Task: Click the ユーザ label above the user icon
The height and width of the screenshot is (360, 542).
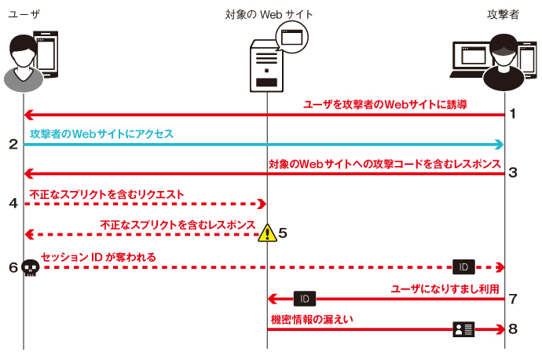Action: coord(24,14)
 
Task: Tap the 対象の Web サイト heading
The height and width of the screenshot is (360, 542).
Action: coord(269,14)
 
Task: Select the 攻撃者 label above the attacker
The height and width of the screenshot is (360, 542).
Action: coord(503,14)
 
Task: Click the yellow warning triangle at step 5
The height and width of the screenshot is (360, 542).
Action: coord(267,233)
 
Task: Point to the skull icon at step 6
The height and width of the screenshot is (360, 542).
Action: coord(31,268)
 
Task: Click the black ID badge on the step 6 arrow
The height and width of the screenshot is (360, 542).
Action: coord(463,267)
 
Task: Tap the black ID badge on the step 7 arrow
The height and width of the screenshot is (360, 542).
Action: coord(305,299)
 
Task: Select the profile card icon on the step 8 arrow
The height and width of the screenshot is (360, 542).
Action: coord(463,329)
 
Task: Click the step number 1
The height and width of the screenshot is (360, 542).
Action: coord(513,113)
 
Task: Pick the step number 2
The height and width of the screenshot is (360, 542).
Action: coord(13,144)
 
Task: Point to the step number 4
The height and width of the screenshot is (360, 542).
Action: coord(13,203)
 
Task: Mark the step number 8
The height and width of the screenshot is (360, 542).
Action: coord(513,329)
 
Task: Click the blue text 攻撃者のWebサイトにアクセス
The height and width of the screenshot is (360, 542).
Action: coord(101,134)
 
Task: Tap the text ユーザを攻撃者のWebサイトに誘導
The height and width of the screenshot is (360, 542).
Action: coord(385,105)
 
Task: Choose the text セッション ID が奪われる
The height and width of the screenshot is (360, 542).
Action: coord(98,257)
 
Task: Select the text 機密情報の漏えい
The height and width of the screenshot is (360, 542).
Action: coord(312,319)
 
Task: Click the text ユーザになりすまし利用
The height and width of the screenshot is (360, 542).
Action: coord(445,288)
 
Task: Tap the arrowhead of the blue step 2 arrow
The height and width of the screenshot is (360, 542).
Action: coord(500,145)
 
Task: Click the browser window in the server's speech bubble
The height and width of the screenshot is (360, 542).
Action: coord(291,37)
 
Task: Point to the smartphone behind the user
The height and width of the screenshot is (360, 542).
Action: coord(46,54)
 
